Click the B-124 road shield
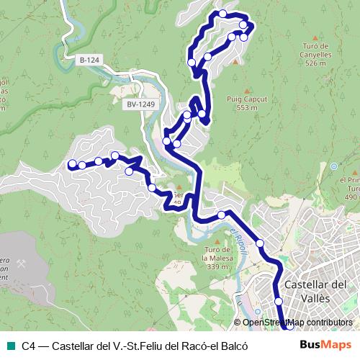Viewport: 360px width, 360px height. [x=89, y=60]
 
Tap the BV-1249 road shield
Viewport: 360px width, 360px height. [x=140, y=104]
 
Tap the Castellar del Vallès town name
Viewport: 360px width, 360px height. [x=315, y=290]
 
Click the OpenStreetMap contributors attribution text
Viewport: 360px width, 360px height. [x=297, y=323]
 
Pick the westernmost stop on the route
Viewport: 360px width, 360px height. [x=71, y=166]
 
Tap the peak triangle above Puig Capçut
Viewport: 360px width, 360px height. [x=246, y=91]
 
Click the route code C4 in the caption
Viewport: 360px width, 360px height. [x=28, y=346]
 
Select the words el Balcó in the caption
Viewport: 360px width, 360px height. [x=230, y=346]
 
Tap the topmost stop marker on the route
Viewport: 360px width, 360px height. [x=223, y=14]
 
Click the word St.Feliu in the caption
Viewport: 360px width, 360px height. [x=144, y=346]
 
